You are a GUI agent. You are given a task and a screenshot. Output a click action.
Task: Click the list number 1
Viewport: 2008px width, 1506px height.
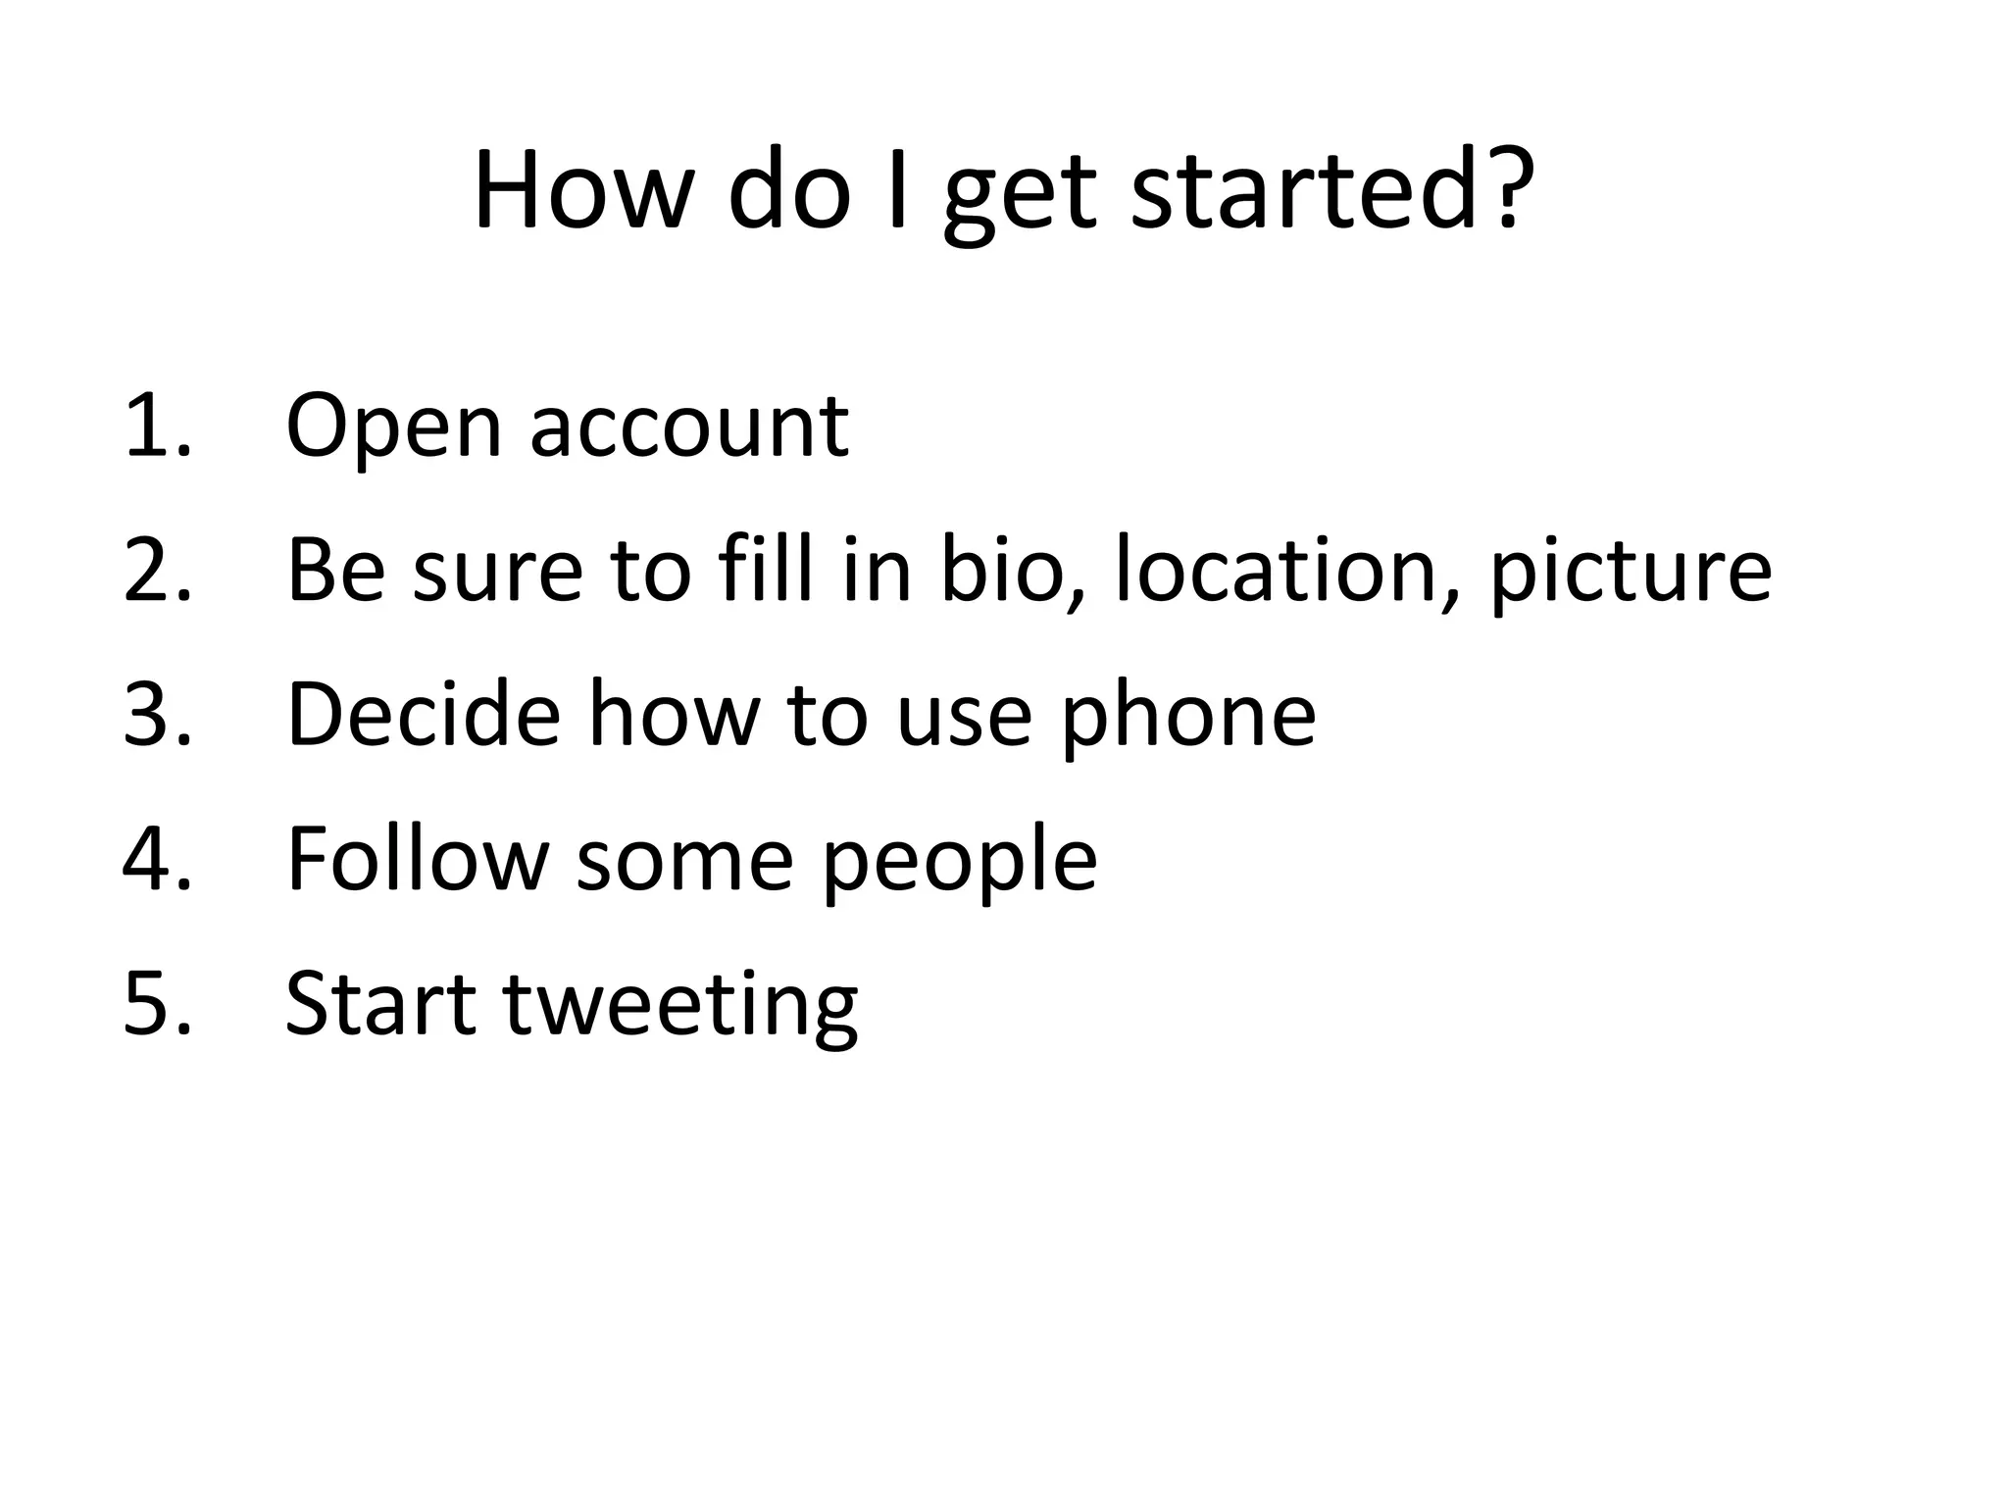[157, 426]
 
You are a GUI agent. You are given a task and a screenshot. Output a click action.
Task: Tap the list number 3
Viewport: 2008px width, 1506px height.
[157, 715]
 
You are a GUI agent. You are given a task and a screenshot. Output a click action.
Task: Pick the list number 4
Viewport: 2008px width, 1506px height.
[157, 859]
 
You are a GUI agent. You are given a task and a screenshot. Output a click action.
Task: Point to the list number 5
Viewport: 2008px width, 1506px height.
[157, 1003]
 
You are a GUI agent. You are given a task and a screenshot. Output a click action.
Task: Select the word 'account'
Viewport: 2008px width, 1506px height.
[689, 429]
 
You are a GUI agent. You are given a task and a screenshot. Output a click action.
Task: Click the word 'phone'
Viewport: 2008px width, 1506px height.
[1189, 719]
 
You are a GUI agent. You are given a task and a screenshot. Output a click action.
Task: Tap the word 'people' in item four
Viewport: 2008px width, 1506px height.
[959, 863]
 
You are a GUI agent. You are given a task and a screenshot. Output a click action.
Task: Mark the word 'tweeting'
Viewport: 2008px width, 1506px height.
[680, 1007]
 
